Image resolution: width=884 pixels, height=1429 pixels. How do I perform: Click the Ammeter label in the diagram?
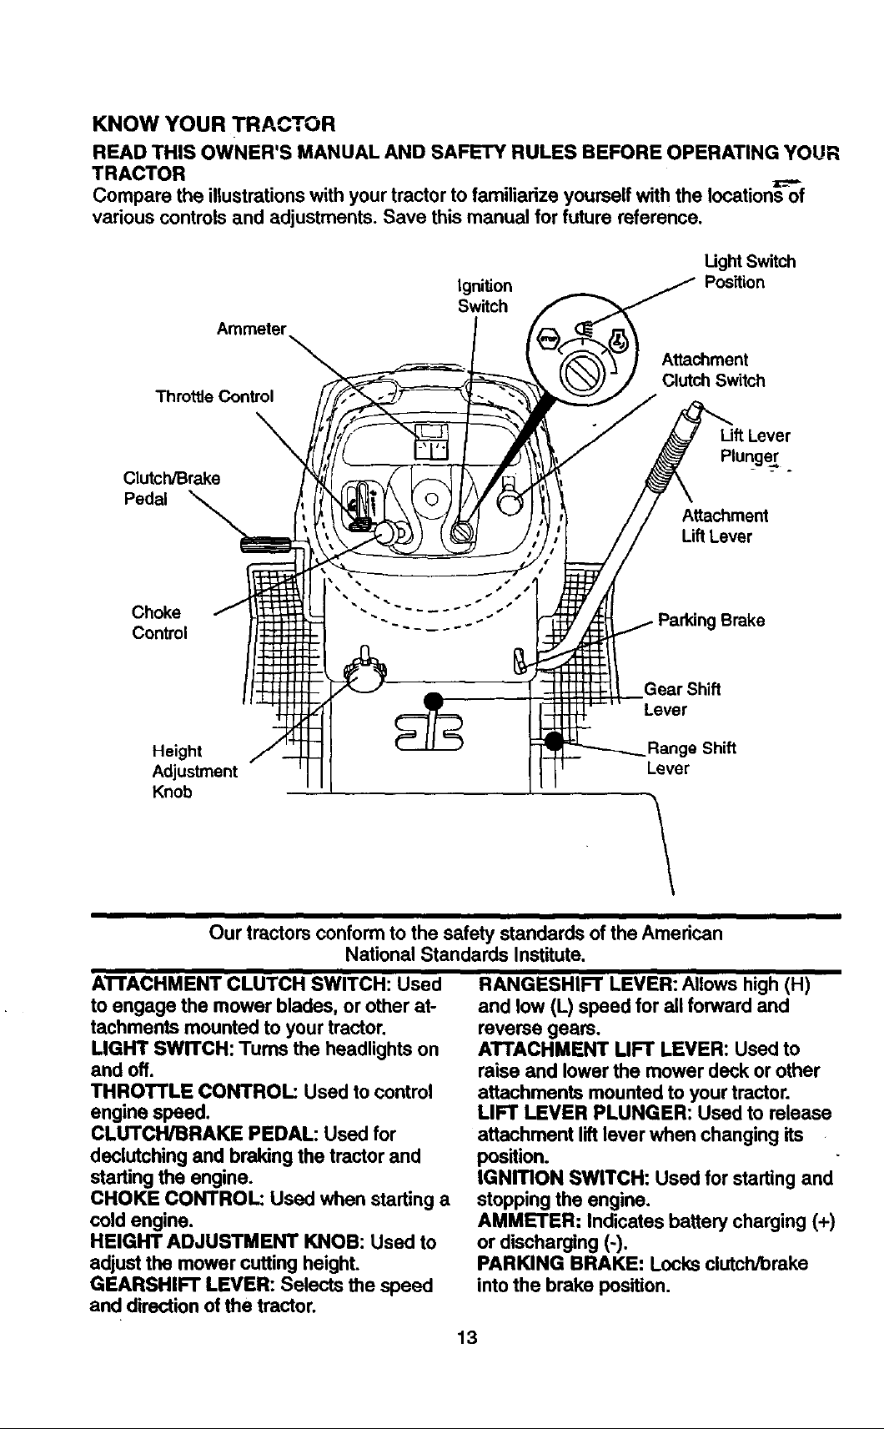[x=251, y=330]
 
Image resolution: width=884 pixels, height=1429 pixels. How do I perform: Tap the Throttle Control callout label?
[x=214, y=397]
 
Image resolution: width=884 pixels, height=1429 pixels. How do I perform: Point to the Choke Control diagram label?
[x=159, y=622]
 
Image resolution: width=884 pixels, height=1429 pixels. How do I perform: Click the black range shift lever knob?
[x=555, y=742]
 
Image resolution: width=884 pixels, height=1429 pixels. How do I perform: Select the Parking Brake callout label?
[x=711, y=621]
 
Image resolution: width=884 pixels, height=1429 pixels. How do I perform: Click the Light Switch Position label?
[x=750, y=272]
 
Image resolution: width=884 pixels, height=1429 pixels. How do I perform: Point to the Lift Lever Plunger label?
[x=756, y=446]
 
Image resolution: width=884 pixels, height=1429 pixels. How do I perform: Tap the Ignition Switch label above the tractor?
[x=485, y=296]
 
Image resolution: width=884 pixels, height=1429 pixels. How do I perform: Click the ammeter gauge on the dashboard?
[x=432, y=440]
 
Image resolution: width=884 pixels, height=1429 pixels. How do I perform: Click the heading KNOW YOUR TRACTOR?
[x=213, y=123]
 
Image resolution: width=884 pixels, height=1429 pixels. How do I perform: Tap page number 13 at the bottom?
[x=468, y=1337]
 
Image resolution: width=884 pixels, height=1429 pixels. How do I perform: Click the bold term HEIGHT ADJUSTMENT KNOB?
[x=228, y=1242]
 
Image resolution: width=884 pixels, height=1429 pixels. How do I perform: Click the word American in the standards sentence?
[x=682, y=934]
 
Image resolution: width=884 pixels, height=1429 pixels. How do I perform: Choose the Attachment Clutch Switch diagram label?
[x=713, y=370]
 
